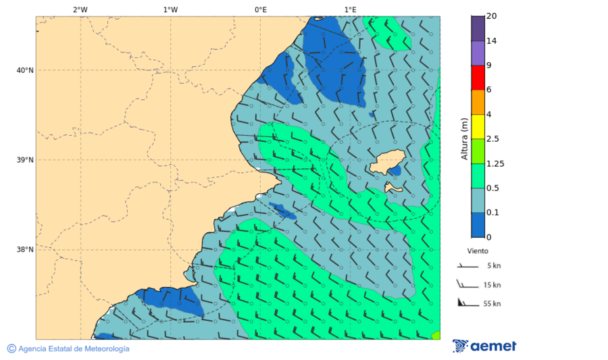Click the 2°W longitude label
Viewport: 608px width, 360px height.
80,9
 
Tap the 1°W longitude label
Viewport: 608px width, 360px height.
170,9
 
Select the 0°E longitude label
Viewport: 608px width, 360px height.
260,9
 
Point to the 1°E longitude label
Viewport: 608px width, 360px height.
350,9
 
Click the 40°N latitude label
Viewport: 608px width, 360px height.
25,70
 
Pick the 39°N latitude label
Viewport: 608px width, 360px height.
25,160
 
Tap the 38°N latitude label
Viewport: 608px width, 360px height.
25,249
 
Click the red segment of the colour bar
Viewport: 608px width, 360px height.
478,78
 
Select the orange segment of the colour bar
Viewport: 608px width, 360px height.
478,102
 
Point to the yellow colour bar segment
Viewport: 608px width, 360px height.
478,126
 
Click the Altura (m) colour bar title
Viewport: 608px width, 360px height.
464,138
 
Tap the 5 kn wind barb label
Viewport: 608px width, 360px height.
493,266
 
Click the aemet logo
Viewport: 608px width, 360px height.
484,346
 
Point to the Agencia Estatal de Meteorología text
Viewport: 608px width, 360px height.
73,349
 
